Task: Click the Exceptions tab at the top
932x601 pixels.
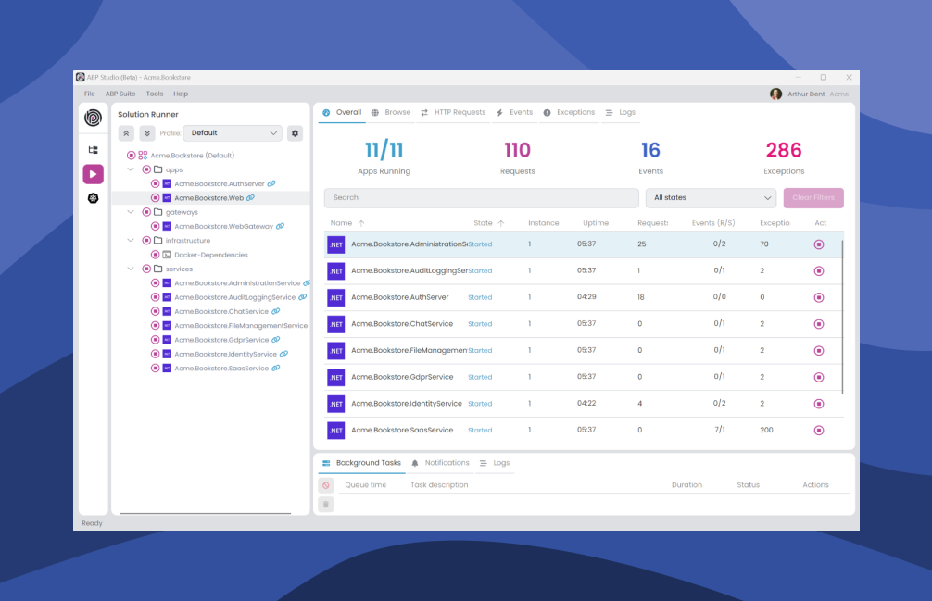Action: coord(575,112)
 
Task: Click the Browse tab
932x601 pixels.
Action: coord(397,112)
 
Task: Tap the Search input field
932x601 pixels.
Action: coord(481,198)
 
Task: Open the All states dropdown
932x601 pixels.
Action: coord(711,198)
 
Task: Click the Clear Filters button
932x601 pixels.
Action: coord(813,198)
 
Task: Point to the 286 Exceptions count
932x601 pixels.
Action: coord(784,150)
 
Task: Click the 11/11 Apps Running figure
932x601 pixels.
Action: coord(384,150)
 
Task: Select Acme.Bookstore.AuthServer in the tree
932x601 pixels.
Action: coord(220,184)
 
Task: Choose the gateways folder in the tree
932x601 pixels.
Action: coord(182,212)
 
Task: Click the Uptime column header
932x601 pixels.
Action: coord(596,223)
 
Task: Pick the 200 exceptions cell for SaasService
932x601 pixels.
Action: coord(766,431)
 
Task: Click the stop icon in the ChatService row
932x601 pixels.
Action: coord(818,324)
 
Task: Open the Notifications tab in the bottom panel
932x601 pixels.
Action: coord(447,463)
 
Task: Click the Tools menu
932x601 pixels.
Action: coord(155,94)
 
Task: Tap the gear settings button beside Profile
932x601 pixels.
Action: coord(295,133)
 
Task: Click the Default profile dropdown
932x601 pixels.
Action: coord(233,133)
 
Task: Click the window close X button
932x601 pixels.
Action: coord(849,78)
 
